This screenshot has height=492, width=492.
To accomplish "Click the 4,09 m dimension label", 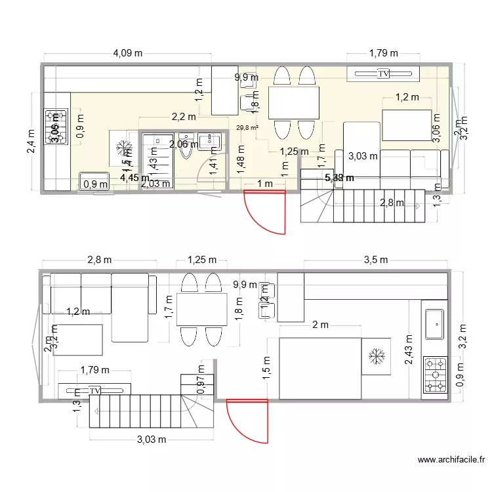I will point(128,54).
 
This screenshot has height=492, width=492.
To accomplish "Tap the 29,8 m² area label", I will point(247,128).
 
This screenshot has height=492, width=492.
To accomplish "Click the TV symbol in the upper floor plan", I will point(383,74).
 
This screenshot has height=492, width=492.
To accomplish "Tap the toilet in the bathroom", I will point(189,151).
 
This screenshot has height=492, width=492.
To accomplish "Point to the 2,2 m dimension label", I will point(184,117).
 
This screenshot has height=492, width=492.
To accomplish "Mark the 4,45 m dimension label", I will point(135,176).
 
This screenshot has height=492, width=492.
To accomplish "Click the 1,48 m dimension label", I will point(241,157).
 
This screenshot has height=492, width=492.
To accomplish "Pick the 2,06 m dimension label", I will point(184,144).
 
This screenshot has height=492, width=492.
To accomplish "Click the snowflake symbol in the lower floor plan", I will point(377,356).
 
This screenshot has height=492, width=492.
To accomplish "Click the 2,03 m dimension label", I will point(156,184).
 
